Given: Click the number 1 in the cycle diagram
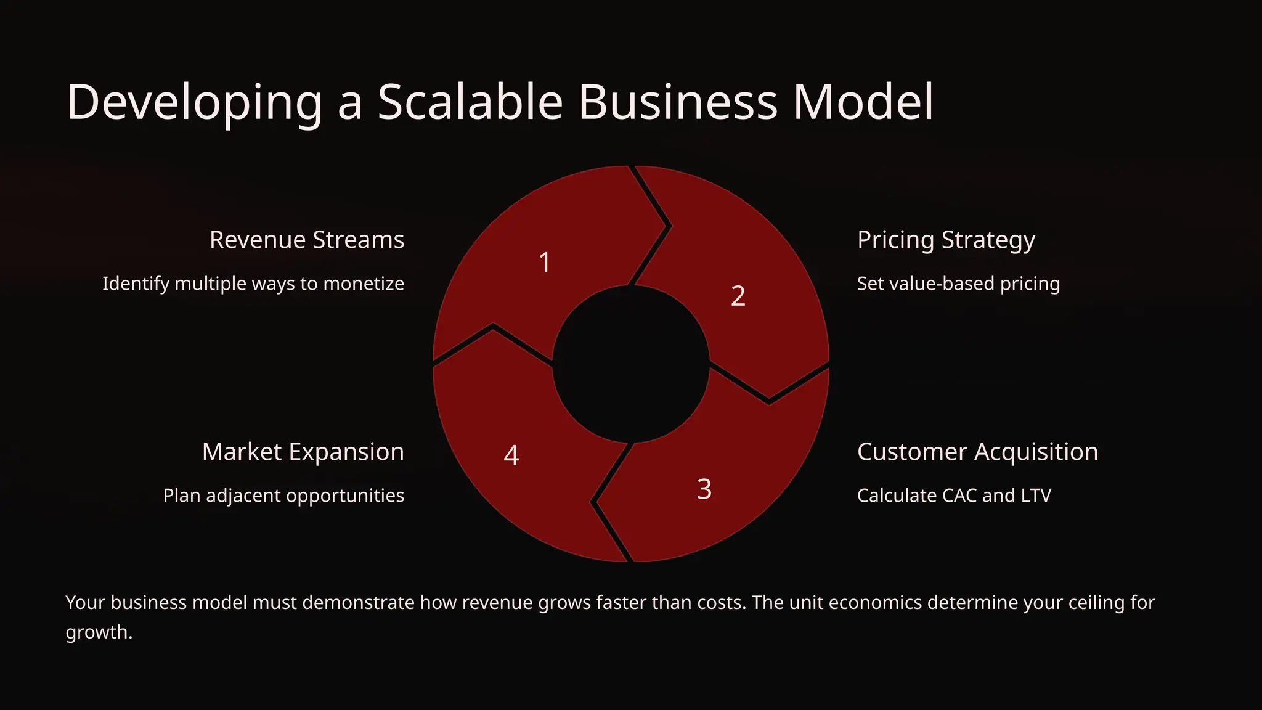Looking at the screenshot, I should (x=545, y=263).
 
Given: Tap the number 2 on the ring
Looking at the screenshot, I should (x=738, y=296).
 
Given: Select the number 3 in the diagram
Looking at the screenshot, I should (x=704, y=489).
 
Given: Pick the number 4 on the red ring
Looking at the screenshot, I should (x=511, y=455).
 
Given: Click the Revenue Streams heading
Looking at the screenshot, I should (x=307, y=240).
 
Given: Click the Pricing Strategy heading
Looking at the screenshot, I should (x=946, y=240).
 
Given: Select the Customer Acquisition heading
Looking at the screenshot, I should (x=977, y=452).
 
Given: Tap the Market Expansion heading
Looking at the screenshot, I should (x=303, y=452).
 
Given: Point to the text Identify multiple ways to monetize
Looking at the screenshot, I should (x=253, y=284).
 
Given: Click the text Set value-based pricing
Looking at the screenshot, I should (x=958, y=284).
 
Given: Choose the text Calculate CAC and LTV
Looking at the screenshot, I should (x=954, y=496).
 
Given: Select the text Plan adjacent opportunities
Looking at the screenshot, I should (x=283, y=496).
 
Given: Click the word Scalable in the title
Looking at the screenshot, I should (x=470, y=102).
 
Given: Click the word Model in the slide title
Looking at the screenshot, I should (x=863, y=102).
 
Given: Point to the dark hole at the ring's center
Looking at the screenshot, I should (x=631, y=364).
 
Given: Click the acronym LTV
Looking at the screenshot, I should (x=1035, y=496).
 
